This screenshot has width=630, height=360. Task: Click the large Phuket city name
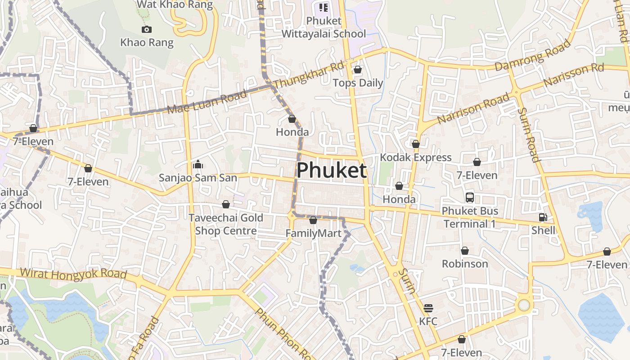(x=332, y=171)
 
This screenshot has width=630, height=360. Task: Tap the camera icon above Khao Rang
(x=146, y=30)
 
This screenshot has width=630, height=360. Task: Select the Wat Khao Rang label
(x=175, y=5)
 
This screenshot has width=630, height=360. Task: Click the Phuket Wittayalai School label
(x=324, y=27)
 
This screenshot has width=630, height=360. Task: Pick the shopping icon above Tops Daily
(x=358, y=70)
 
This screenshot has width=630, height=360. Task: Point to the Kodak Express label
(x=415, y=157)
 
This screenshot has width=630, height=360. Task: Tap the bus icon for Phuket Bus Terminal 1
(x=469, y=197)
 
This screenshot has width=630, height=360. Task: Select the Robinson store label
(x=465, y=264)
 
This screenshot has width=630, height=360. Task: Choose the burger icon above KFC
(x=428, y=308)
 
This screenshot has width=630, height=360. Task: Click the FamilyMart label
(x=313, y=234)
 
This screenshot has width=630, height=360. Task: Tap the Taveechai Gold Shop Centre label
(x=225, y=224)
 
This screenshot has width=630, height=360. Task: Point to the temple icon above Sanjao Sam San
(x=198, y=164)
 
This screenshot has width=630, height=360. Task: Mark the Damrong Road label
(x=533, y=55)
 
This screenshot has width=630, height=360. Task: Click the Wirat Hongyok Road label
(x=73, y=273)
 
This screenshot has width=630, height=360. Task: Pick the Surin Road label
(x=528, y=135)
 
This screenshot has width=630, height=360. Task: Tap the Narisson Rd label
(x=573, y=75)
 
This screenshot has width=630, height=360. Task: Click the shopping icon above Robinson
(x=465, y=251)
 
